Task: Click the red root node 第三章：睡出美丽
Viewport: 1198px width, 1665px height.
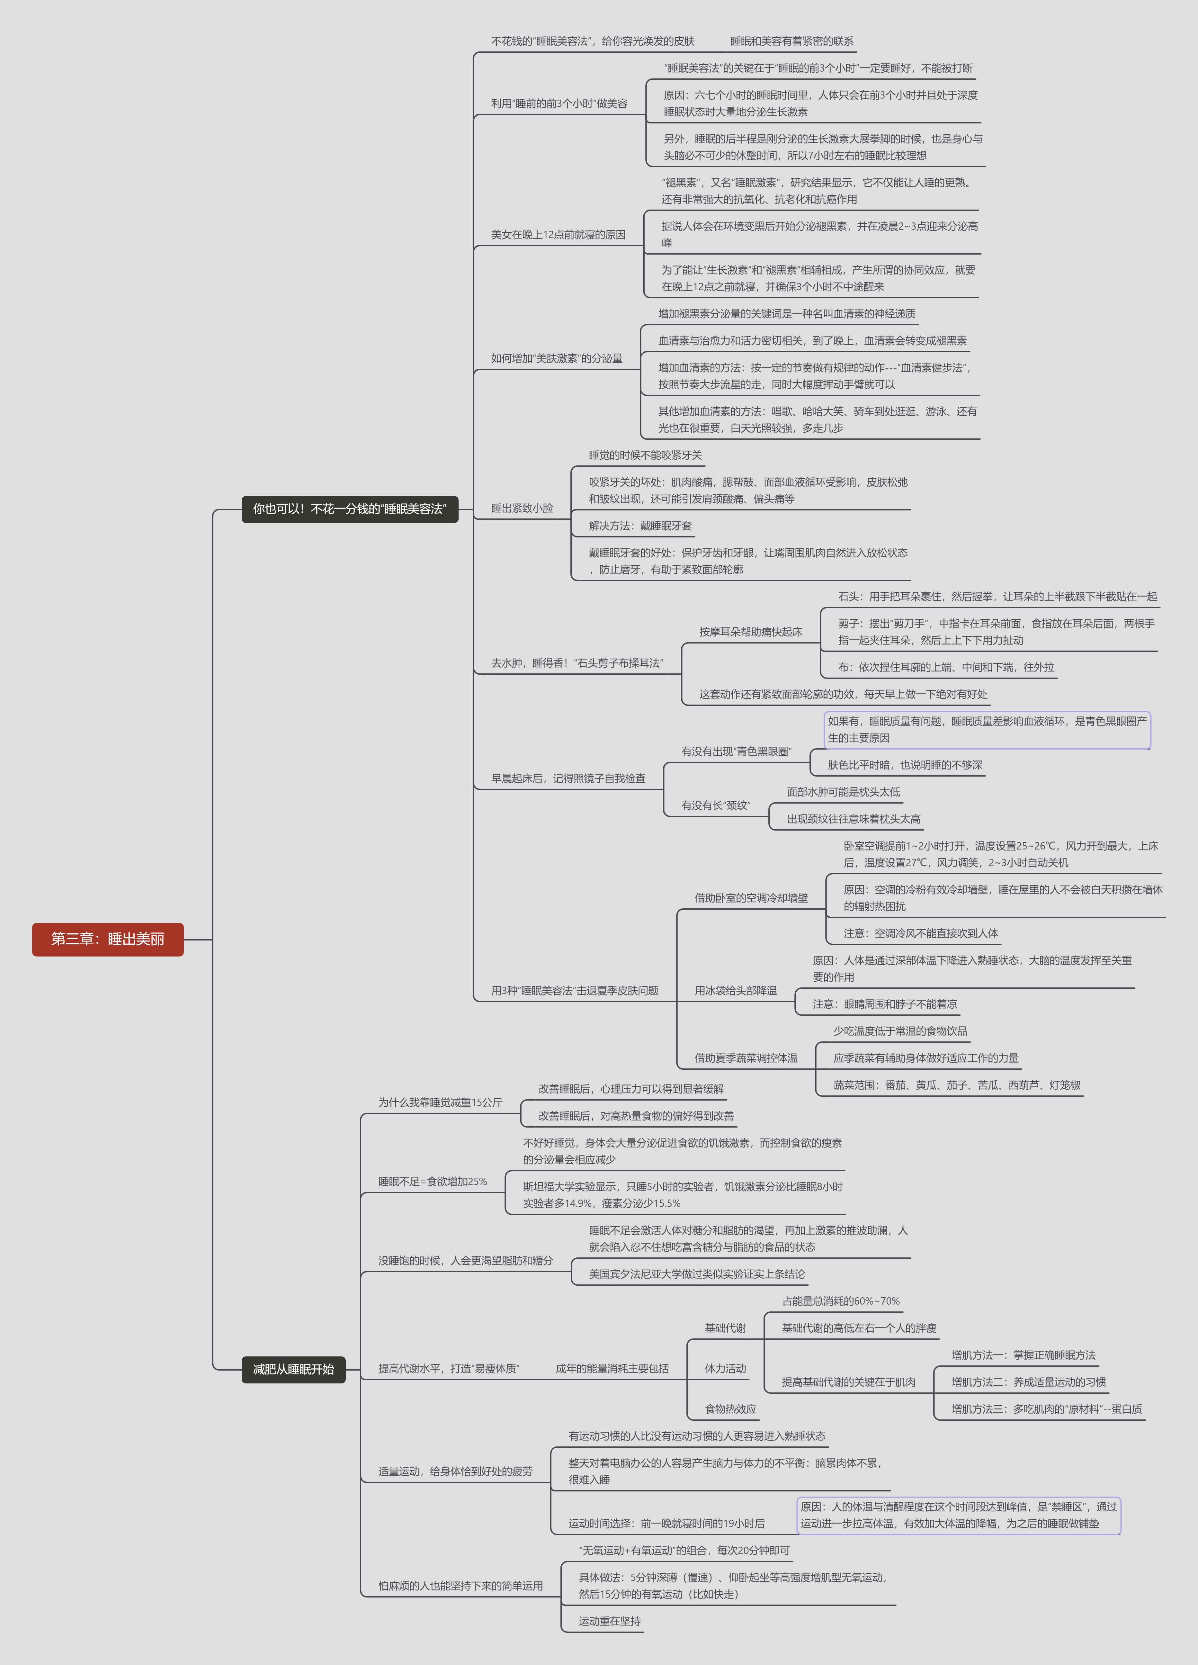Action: coord(108,939)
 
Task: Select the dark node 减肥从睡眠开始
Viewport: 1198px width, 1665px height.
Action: coord(294,1369)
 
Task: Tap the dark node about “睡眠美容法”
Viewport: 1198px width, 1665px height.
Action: coord(350,509)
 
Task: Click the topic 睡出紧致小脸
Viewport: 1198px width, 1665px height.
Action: coord(522,508)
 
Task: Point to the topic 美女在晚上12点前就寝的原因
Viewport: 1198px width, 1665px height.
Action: coord(558,235)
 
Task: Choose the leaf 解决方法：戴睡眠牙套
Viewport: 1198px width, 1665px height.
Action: coord(640,526)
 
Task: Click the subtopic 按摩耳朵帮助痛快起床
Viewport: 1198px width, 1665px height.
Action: coord(750,632)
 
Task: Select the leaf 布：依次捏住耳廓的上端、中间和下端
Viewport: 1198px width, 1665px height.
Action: coord(946,667)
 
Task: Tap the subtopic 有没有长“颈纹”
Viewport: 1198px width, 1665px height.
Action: coord(716,805)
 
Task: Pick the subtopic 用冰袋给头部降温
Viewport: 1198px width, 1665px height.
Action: coord(736,990)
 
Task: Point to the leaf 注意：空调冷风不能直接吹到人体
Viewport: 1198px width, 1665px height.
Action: coord(921,933)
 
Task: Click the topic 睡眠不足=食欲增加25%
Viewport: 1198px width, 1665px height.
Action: coord(432,1181)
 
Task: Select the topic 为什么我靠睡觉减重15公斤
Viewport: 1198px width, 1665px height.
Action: coord(441,1102)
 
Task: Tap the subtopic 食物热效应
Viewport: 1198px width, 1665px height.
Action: coord(730,1409)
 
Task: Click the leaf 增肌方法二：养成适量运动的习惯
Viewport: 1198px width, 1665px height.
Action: coord(1028,1381)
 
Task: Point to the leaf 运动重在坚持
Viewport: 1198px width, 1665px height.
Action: coord(609,1621)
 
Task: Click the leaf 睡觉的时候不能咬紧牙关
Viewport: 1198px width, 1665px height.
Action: coord(645,455)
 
